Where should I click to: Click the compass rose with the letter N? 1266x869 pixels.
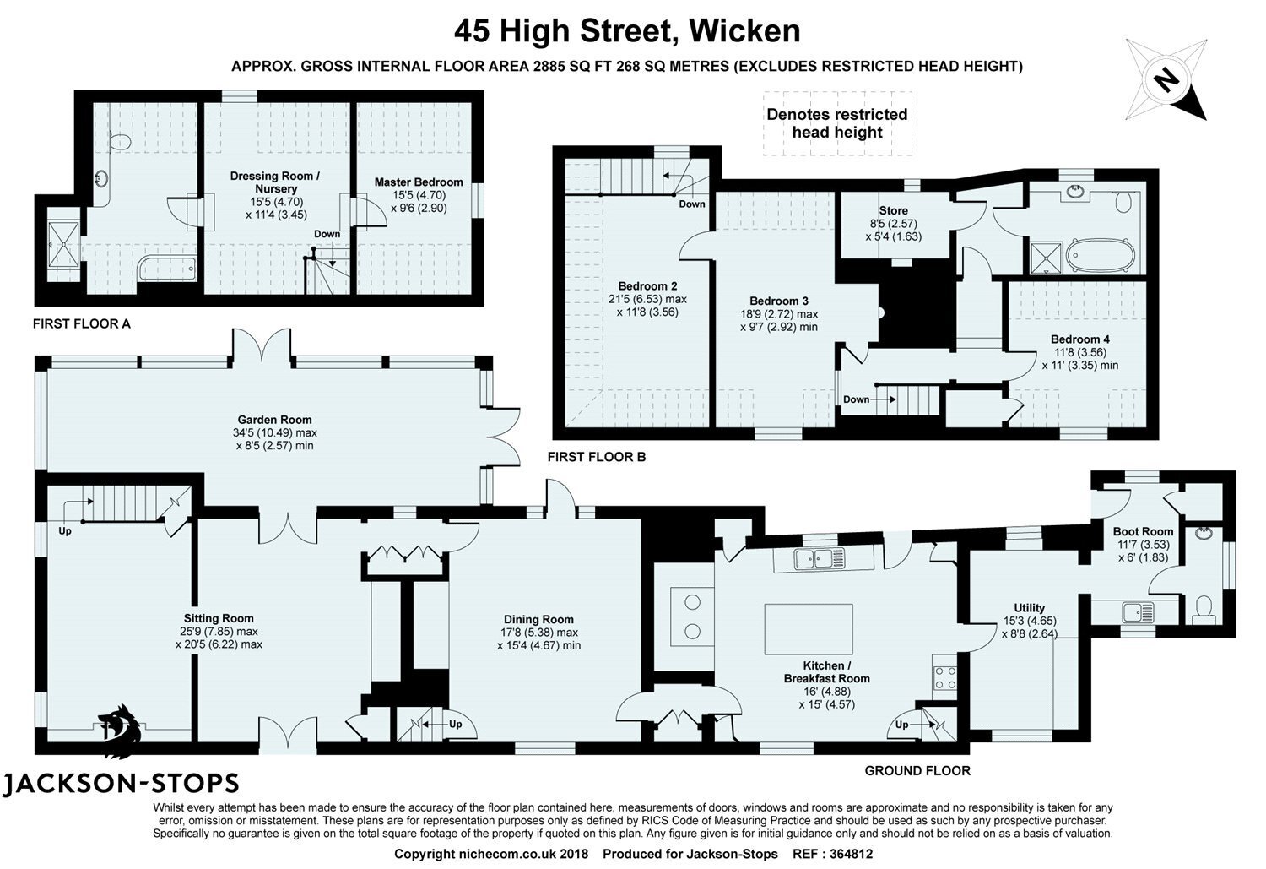pos(1169,79)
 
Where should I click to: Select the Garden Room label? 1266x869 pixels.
pos(274,420)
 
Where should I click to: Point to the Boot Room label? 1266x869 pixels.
pos(1143,532)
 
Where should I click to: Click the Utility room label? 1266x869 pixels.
pos(1029,608)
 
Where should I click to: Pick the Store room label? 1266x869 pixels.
pos(893,211)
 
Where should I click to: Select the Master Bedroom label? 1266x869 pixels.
pos(419,182)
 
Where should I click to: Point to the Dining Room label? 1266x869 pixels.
pos(538,619)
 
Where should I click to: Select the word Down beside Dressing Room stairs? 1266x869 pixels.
pos(327,234)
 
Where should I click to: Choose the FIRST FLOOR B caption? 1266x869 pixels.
pos(596,457)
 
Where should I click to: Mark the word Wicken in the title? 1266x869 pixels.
pos(744,30)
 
